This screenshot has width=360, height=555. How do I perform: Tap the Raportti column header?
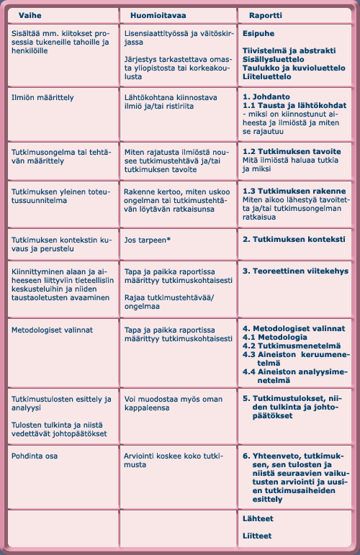(266, 14)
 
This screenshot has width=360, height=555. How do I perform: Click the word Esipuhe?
(260, 33)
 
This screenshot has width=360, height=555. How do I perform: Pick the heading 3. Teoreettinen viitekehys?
(295, 271)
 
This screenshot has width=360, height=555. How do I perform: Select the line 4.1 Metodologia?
(274, 337)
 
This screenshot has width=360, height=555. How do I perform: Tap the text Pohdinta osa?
(36, 456)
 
